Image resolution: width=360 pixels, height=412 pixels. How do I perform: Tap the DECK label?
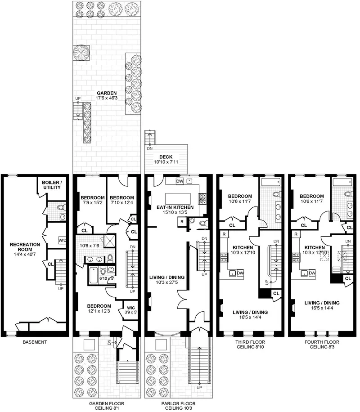click(162, 157)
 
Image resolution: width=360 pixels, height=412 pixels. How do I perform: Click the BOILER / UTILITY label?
click(51, 184)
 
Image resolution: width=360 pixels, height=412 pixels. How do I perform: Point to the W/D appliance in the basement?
click(63, 240)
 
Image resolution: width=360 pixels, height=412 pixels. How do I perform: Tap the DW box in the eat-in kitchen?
click(180, 181)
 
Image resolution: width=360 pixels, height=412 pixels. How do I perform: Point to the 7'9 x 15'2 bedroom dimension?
click(93, 204)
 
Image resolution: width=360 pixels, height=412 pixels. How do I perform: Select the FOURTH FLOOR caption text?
click(322, 342)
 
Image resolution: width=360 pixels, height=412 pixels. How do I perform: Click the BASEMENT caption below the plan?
click(35, 342)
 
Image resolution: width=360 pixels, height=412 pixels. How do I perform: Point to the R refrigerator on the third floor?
click(224, 234)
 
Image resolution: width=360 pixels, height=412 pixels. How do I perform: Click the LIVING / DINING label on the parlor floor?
click(166, 277)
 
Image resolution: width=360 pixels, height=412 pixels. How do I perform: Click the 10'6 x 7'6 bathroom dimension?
click(91, 246)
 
